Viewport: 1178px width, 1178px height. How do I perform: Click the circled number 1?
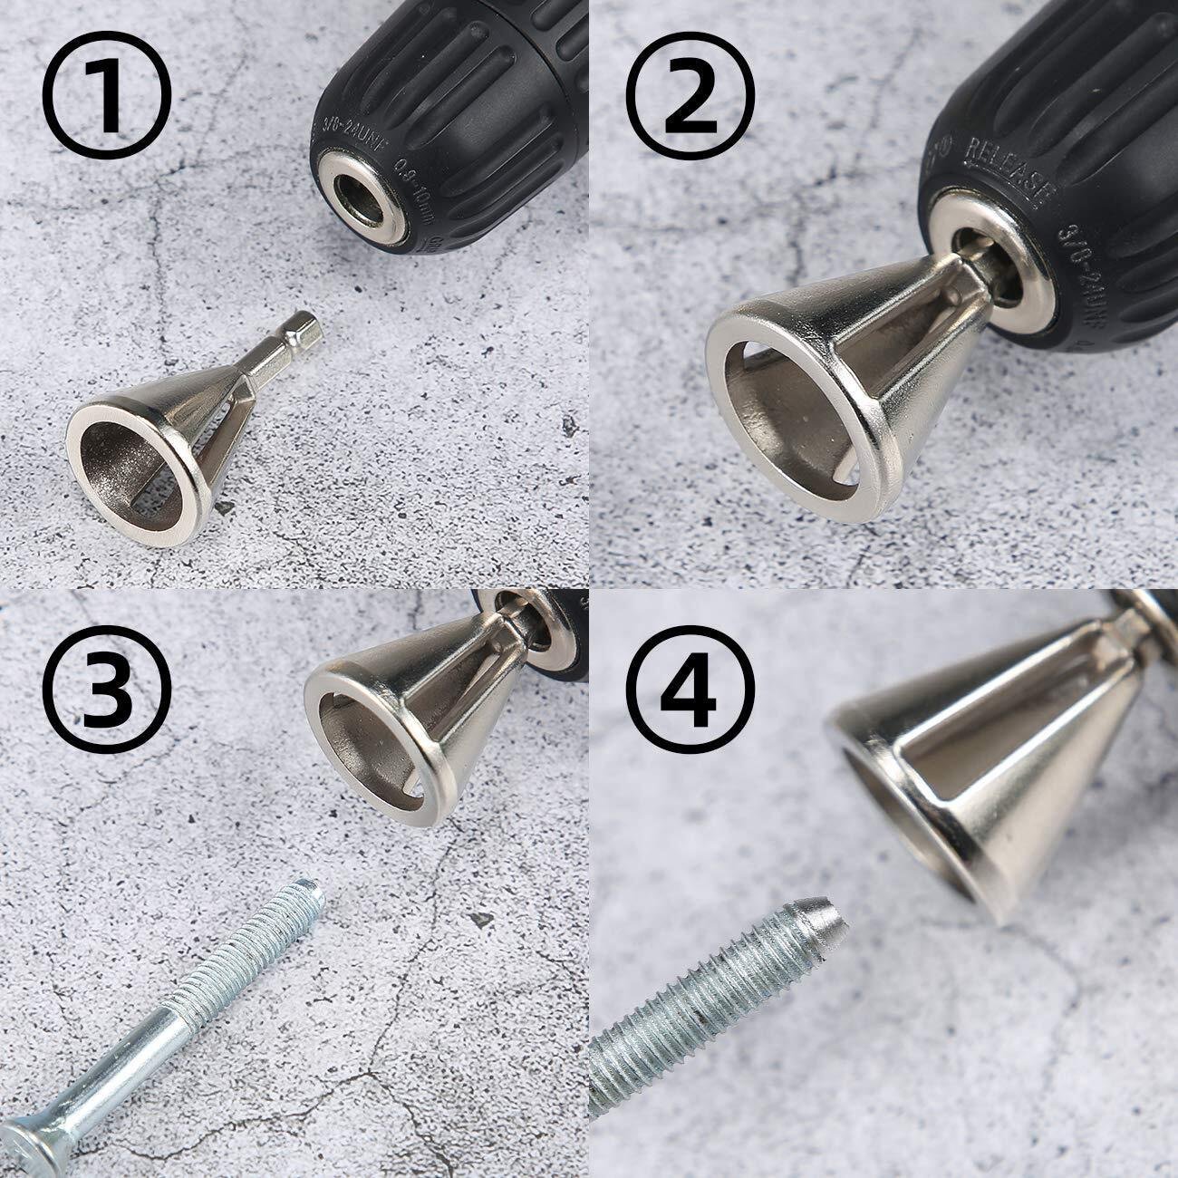(x=108, y=94)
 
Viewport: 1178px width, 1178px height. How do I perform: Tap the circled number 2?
(x=692, y=94)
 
